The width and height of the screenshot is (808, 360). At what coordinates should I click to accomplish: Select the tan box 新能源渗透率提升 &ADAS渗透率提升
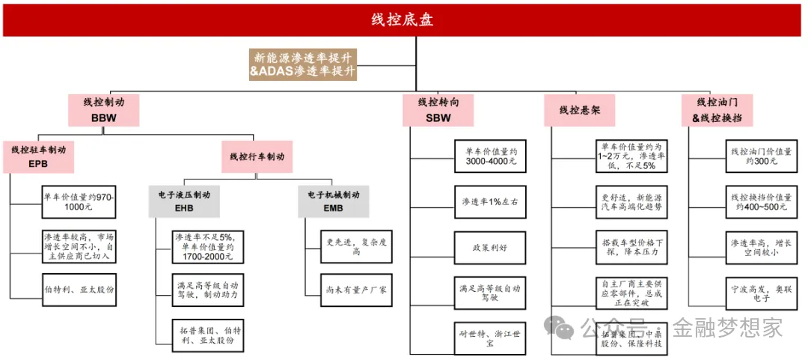click(x=303, y=64)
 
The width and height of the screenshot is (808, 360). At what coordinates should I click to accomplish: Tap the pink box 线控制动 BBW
click(x=104, y=109)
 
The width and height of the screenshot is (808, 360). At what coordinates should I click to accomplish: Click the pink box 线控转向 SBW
click(x=438, y=109)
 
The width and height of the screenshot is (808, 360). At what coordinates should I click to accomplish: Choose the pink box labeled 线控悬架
click(x=579, y=109)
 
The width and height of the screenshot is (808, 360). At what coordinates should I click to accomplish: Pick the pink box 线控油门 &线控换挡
click(x=716, y=109)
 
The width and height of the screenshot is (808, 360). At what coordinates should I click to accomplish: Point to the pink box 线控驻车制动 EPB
click(x=38, y=156)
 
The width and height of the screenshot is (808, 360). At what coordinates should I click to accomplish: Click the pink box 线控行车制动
click(x=257, y=156)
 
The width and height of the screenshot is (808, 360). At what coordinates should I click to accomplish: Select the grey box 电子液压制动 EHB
click(x=184, y=201)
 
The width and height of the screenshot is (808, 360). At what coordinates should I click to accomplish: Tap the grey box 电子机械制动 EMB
click(x=333, y=201)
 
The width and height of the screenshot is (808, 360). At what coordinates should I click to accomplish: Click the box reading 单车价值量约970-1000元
click(x=80, y=200)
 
